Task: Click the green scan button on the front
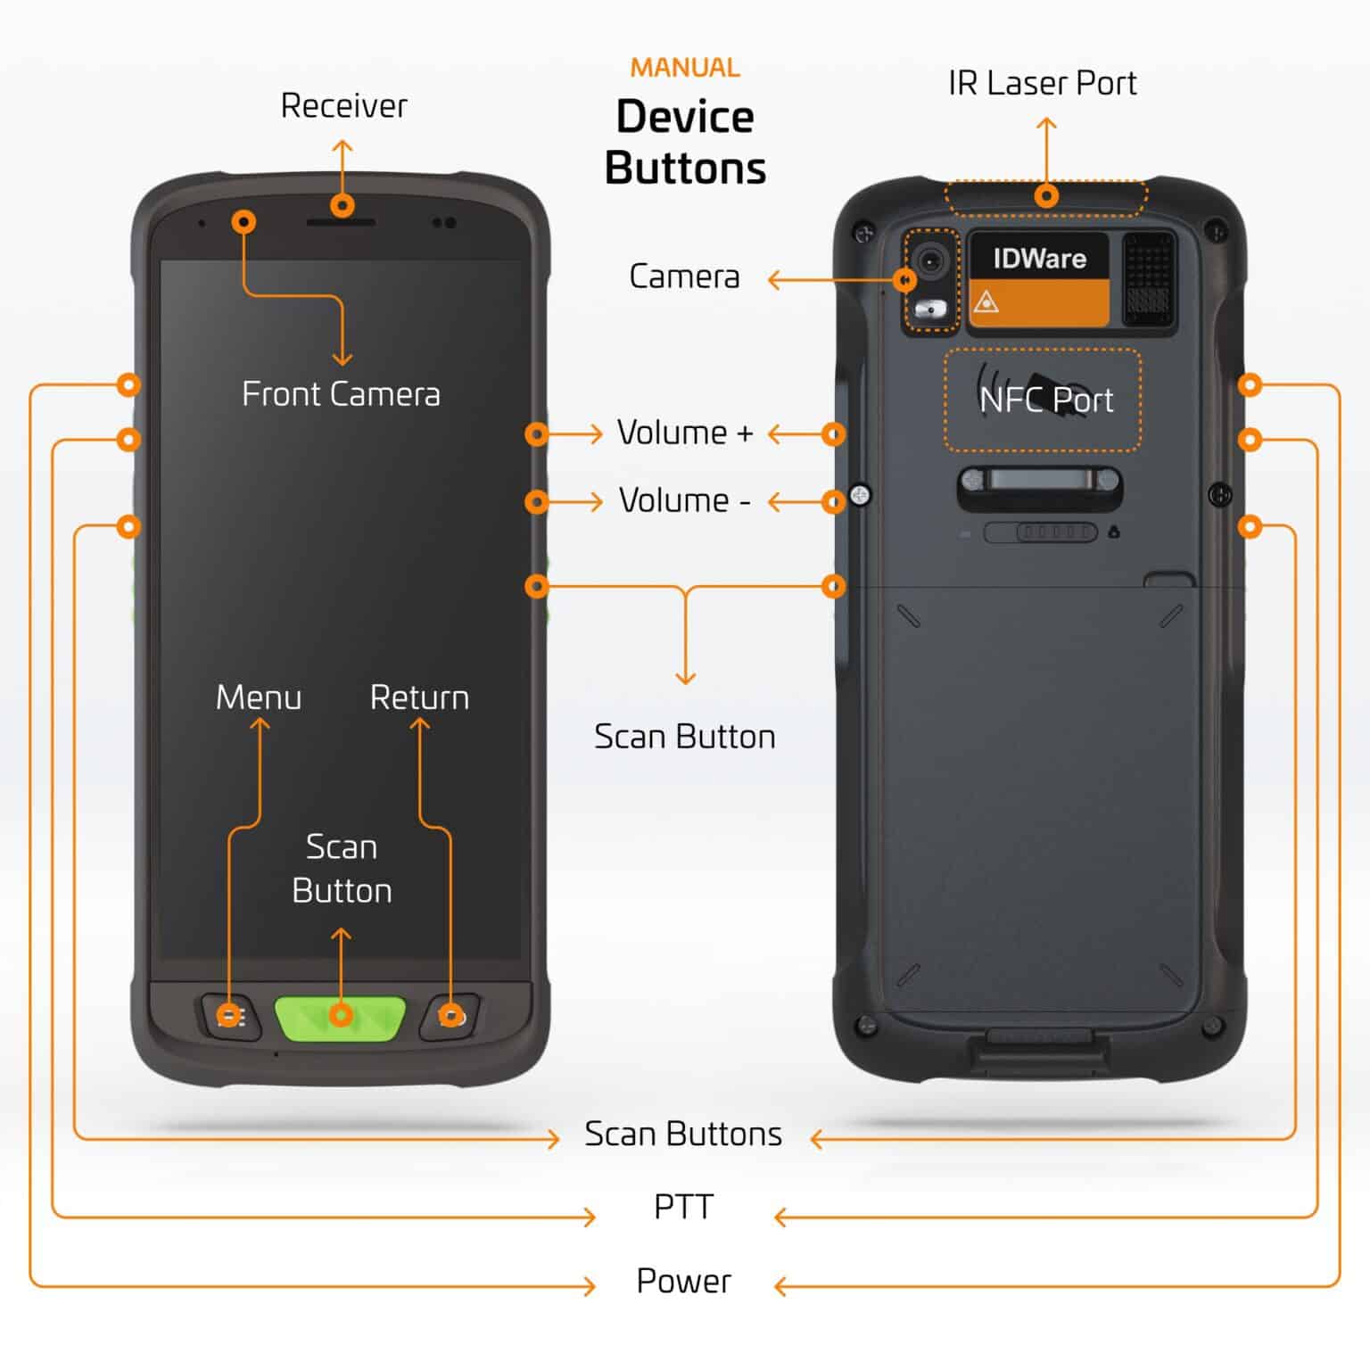[340, 1018]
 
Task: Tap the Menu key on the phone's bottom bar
[229, 1017]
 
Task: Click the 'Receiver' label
[343, 106]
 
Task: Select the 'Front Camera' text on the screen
[341, 394]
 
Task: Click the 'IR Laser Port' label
[1042, 83]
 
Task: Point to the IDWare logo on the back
[1039, 259]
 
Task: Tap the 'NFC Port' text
[1045, 400]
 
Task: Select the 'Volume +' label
[685, 433]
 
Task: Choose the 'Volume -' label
[685, 501]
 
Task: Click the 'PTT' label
[683, 1207]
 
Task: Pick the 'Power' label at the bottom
[683, 1281]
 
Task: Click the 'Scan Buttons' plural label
[683, 1134]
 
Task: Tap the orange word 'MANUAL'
[685, 68]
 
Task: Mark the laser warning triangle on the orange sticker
[986, 302]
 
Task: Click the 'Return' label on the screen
[419, 697]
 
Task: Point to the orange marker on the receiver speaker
[342, 206]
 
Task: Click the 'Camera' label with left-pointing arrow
[684, 276]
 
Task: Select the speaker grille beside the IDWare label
[1148, 277]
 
